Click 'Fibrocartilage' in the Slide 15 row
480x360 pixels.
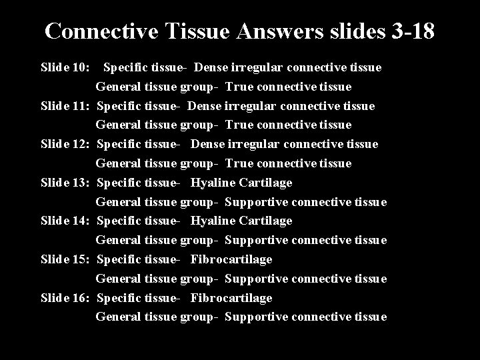click(x=231, y=259)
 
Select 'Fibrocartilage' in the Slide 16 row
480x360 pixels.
click(x=231, y=298)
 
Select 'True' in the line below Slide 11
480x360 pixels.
click(x=237, y=125)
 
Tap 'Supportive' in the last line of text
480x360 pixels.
click(x=257, y=317)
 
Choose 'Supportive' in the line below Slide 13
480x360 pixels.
click(x=257, y=202)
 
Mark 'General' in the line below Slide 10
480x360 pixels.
click(x=118, y=87)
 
